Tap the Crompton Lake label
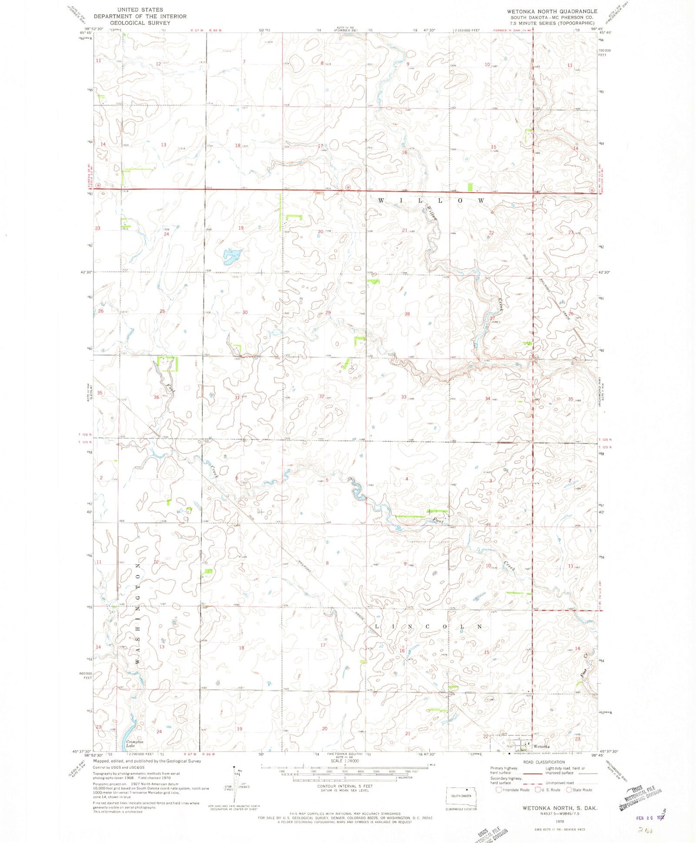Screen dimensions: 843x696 (x=135, y=744)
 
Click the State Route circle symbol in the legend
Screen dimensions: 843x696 (x=568, y=790)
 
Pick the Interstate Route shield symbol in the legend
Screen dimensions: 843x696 (x=499, y=790)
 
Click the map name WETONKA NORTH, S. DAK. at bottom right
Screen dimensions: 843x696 (x=560, y=808)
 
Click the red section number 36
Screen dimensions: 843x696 (x=156, y=397)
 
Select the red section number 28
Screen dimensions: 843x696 (x=407, y=314)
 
